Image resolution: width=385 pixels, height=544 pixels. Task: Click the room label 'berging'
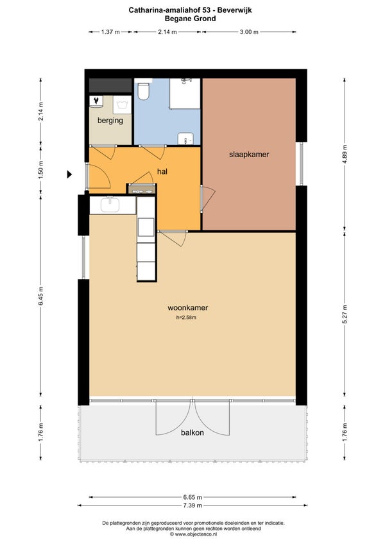click(110, 121)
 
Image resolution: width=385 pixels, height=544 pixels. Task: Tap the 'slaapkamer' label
click(249, 155)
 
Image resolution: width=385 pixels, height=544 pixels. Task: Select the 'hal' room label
click(162, 171)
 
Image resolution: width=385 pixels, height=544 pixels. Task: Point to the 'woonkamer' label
click(188, 308)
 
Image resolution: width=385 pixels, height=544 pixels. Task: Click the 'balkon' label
click(193, 432)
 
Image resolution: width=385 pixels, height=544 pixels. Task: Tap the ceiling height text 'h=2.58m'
click(187, 317)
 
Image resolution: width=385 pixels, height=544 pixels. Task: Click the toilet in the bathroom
click(143, 90)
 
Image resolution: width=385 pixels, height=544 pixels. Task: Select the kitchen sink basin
click(110, 205)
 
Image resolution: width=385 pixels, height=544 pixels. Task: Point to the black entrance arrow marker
click(69, 174)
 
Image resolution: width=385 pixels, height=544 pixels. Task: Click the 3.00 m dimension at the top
click(249, 32)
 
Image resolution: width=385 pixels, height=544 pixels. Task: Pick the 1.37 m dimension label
click(110, 32)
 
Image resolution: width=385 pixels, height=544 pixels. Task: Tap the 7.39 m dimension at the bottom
click(193, 505)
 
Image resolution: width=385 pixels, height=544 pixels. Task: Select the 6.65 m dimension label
click(193, 497)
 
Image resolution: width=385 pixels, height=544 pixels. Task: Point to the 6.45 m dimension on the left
click(40, 296)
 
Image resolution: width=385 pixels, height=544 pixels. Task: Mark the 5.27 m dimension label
click(345, 314)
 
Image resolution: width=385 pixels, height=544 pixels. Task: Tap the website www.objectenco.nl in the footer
click(196, 534)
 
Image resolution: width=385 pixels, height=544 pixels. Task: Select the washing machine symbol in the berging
click(122, 105)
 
